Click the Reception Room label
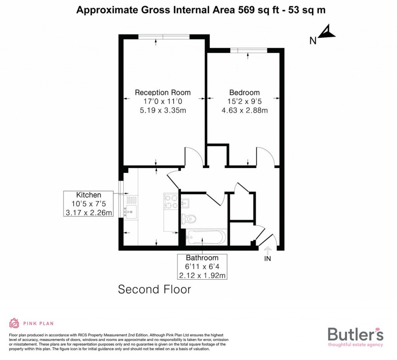pos(162,92)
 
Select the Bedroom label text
pos(244,92)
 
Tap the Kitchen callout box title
pos(88,195)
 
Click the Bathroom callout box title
pos(202,258)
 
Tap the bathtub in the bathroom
pos(206,237)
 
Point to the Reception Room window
pos(164,37)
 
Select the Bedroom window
pos(248,50)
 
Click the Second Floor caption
pos(154,289)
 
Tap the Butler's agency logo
pos(355,336)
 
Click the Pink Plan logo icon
pos(14,323)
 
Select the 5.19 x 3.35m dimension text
pos(162,110)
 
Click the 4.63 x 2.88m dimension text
pos(244,110)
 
